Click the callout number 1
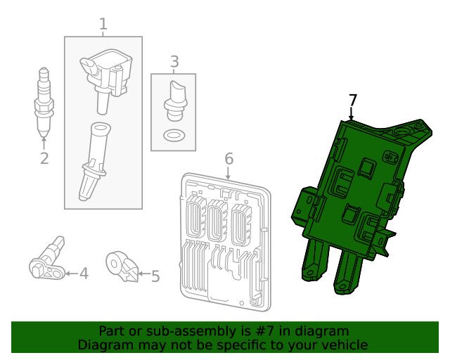pos(103,24)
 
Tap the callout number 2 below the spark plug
pos(44,158)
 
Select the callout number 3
pos(174,62)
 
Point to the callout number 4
pos(84,274)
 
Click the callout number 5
pos(155,276)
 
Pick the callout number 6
pos(229,159)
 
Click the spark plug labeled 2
pos(44,102)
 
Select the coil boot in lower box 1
pos(94,161)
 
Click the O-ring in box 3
pos(174,135)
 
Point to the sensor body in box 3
pos(175,101)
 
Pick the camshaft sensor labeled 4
pos(46,260)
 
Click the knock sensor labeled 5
pos(122,266)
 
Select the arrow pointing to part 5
pos(143,274)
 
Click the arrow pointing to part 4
pos(72,274)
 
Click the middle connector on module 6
pos(217,220)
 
